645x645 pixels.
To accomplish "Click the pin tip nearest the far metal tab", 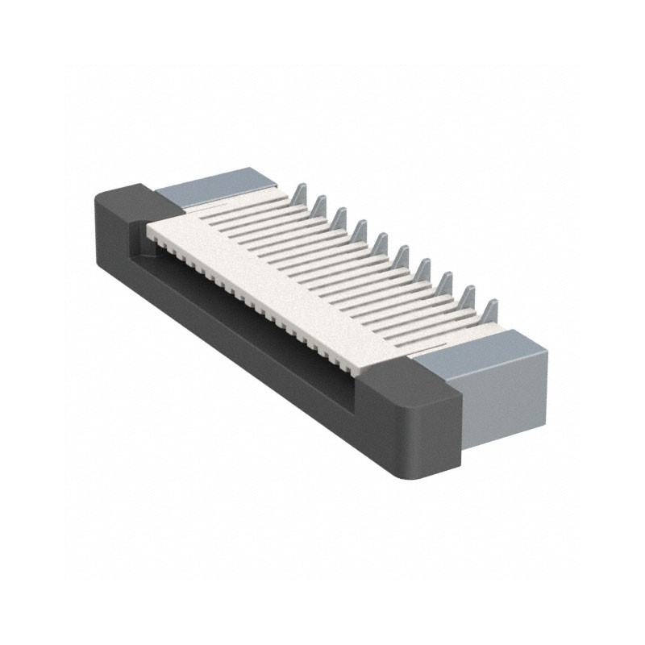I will pyautogui.click(x=298, y=191).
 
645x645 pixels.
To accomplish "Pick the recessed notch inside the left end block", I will pyautogui.click(x=137, y=234).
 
